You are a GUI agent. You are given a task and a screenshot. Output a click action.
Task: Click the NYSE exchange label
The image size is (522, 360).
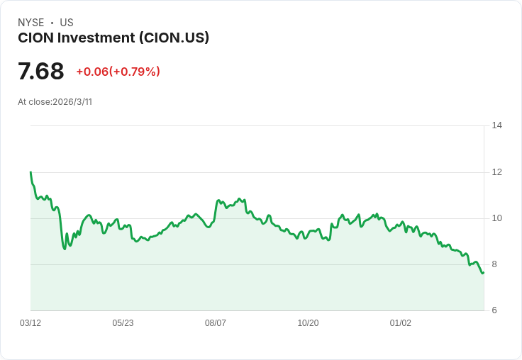tap(31, 23)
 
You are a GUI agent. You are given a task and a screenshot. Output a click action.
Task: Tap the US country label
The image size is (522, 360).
tap(67, 23)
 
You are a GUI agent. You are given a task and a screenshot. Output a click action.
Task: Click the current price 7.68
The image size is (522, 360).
tap(41, 72)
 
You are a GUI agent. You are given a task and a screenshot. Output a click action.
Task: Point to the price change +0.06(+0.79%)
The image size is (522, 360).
tap(118, 72)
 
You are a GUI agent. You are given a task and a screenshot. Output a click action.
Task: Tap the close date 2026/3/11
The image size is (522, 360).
tap(72, 102)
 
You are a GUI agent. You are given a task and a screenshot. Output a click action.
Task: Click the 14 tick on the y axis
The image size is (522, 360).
tap(496, 125)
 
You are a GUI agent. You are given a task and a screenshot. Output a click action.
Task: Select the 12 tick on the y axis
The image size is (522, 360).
tap(496, 171)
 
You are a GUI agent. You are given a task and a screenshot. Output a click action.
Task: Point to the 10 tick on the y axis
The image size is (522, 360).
tap(496, 218)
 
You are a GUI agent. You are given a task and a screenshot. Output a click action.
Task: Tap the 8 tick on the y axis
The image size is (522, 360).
tap(494, 264)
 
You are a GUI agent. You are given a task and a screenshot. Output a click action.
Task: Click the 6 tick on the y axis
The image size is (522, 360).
tap(494, 310)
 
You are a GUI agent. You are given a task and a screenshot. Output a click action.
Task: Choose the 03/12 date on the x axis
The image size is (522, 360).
tap(30, 323)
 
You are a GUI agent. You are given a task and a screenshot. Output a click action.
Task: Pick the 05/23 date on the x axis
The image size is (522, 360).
tap(123, 323)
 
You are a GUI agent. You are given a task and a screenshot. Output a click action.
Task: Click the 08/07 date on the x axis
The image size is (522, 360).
tap(216, 323)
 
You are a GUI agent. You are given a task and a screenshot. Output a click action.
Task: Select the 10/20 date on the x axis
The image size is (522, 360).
tap(308, 323)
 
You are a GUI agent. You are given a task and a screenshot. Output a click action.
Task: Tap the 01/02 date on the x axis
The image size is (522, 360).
tap(401, 323)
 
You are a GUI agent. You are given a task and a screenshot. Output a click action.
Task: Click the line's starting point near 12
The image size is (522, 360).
tap(30, 172)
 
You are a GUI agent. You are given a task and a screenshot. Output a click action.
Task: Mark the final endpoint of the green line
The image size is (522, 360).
tap(483, 273)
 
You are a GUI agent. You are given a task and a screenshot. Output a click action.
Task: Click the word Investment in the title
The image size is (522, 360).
tap(99, 38)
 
